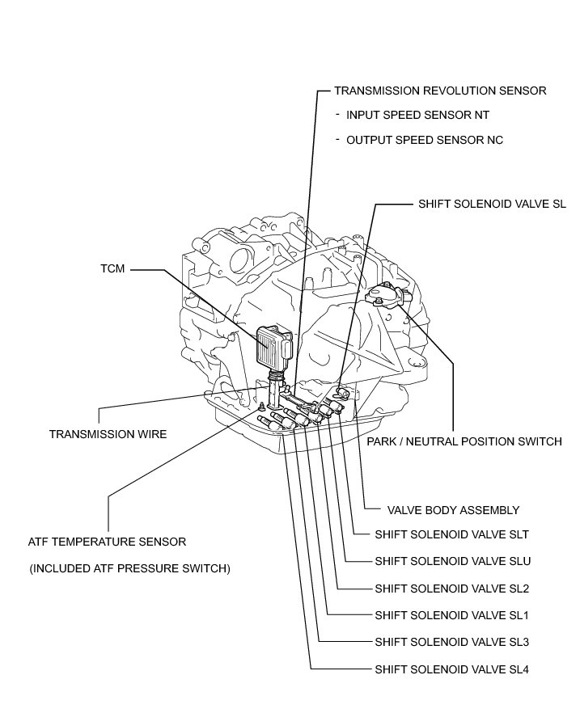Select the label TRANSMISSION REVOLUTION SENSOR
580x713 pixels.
(x=440, y=91)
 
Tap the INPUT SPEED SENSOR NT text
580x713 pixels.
(x=417, y=115)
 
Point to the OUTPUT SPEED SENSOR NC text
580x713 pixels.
(x=425, y=140)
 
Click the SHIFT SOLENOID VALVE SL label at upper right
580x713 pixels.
(x=492, y=205)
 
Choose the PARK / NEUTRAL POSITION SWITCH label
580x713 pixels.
(x=464, y=441)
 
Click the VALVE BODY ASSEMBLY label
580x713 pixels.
(x=453, y=510)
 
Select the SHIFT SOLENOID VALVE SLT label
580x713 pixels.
(x=452, y=535)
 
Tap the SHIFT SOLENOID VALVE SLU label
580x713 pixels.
(x=452, y=561)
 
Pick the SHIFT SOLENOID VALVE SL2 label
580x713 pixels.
(x=451, y=589)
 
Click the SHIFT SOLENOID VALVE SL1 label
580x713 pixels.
(x=451, y=615)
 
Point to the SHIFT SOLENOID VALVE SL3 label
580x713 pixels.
(x=451, y=643)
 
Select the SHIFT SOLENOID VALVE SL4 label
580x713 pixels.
(x=451, y=670)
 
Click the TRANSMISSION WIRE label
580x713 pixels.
(x=108, y=434)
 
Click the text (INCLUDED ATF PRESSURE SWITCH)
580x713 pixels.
(x=130, y=568)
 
